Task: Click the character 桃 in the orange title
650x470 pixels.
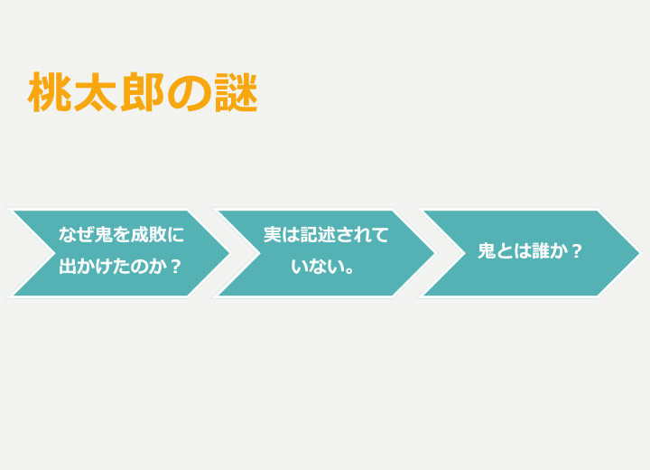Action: (51, 92)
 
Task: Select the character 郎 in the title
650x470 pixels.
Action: (143, 92)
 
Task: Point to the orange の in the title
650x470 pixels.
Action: (189, 92)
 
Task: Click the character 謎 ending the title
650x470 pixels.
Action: (237, 92)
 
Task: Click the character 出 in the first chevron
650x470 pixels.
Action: (68, 266)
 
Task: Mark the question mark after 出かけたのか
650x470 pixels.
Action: (176, 266)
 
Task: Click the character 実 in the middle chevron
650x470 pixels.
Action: (273, 235)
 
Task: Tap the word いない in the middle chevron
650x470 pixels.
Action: (317, 266)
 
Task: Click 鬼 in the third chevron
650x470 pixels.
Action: (487, 250)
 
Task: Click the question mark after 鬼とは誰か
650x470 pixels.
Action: (576, 250)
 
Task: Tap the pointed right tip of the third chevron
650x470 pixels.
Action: (640, 253)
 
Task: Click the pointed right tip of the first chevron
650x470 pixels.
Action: (230, 253)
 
